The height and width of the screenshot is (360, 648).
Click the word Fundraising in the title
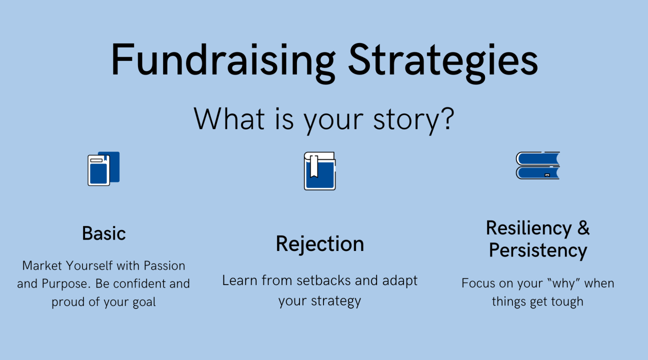[223, 62]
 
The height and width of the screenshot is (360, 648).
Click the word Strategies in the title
[443, 62]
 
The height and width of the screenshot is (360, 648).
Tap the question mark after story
[447, 118]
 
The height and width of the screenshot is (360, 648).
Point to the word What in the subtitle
[229, 118]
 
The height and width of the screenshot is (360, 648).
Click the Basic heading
[104, 233]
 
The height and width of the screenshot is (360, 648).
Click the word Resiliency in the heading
[529, 229]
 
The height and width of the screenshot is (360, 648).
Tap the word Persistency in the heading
[538, 250]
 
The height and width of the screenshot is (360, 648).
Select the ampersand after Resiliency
[583, 227]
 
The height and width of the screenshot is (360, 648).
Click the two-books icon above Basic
[103, 168]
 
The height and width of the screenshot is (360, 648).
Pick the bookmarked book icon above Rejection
[319, 170]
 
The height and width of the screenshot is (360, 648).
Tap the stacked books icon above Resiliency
[538, 165]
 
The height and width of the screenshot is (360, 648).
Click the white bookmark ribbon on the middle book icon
[314, 166]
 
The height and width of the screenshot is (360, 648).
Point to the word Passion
[164, 265]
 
